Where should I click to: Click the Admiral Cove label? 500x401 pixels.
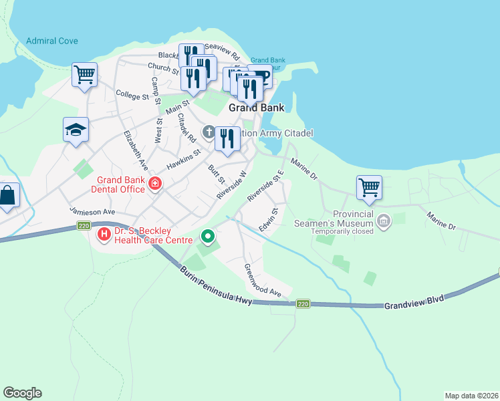coord(52,41)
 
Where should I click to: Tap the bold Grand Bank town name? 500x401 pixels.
coord(256,107)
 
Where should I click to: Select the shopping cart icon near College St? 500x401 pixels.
coord(85,75)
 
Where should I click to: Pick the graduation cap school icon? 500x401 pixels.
coord(76,129)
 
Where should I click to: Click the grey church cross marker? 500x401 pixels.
coord(209,132)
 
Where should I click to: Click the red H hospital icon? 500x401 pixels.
coord(104,235)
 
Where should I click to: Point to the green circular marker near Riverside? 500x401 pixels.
coord(208,236)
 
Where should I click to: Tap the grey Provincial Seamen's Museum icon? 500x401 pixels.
coord(384,221)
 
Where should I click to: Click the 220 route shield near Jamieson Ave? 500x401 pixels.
coord(84,225)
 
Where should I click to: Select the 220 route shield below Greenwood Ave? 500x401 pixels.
coord(303,303)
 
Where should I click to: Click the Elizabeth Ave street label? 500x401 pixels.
coord(134,148)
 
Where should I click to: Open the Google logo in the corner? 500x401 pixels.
coord(22,393)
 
